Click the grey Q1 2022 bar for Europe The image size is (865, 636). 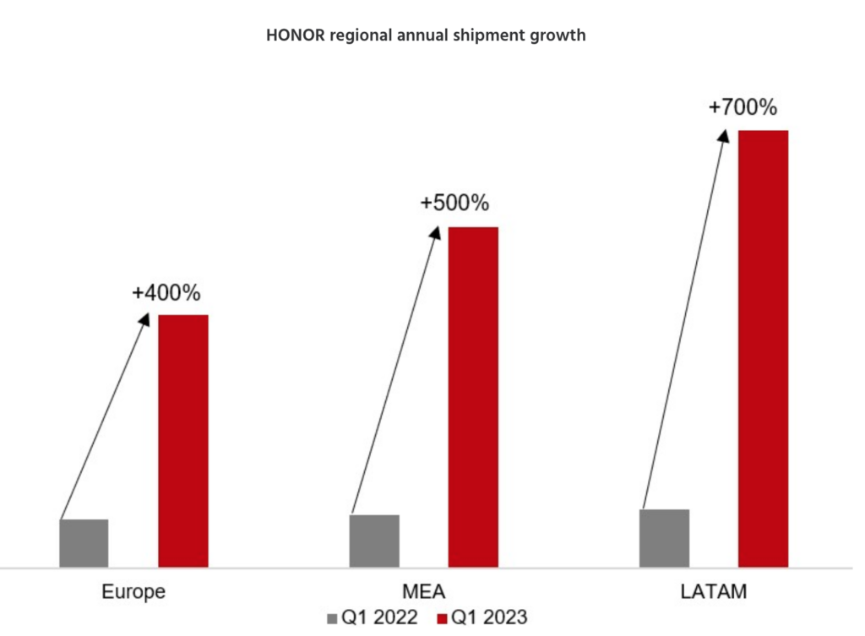pyautogui.click(x=84, y=543)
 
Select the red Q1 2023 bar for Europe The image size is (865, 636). pyautogui.click(x=183, y=440)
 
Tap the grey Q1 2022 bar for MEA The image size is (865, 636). pyautogui.click(x=374, y=541)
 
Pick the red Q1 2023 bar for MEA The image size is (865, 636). pyautogui.click(x=473, y=396)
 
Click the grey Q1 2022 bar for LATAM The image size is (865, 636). pyautogui.click(x=665, y=538)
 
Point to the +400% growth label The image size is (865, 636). pyautogui.click(x=166, y=293)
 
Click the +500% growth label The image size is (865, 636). pyautogui.click(x=454, y=204)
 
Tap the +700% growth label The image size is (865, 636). pyautogui.click(x=743, y=108)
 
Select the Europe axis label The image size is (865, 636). pyautogui.click(x=133, y=591)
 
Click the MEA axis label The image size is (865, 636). pyautogui.click(x=424, y=591)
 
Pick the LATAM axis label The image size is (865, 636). pyautogui.click(x=714, y=591)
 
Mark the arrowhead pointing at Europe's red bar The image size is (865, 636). pyautogui.click(x=144, y=320)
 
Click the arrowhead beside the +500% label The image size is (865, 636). pyautogui.click(x=435, y=231)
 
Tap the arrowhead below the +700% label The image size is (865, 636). pyautogui.click(x=724, y=135)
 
